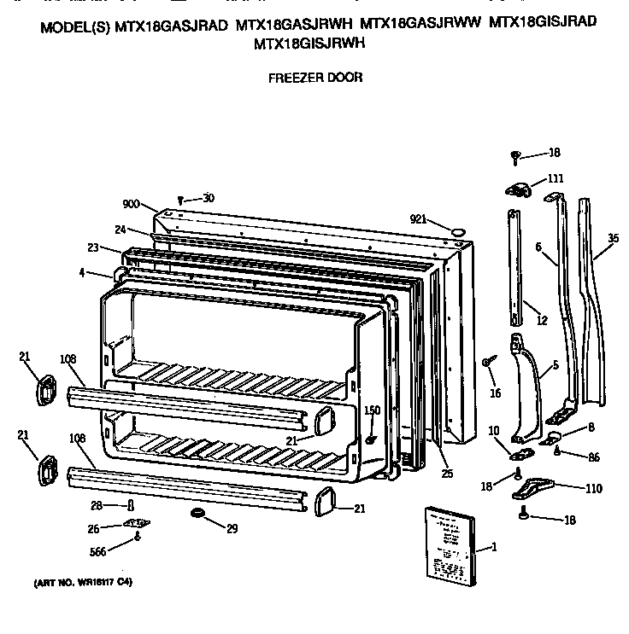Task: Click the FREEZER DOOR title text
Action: [315, 78]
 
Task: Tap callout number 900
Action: [131, 205]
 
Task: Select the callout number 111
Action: [556, 178]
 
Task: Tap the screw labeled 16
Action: [487, 362]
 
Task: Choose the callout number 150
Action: [373, 410]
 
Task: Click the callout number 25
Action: [447, 473]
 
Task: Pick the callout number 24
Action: [121, 229]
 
